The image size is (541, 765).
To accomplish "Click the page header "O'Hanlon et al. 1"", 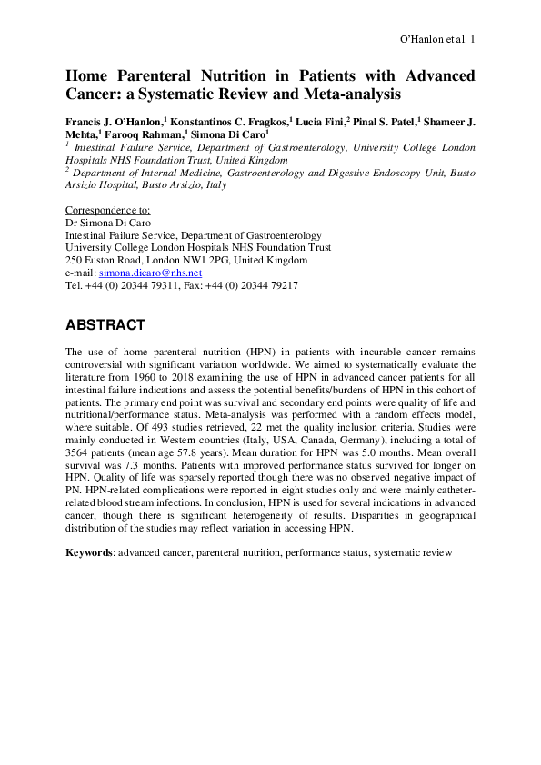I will (437, 40).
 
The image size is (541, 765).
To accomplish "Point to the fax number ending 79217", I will (264, 285).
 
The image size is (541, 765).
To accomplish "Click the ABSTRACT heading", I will (105, 324).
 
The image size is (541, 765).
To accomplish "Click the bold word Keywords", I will (89, 552).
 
